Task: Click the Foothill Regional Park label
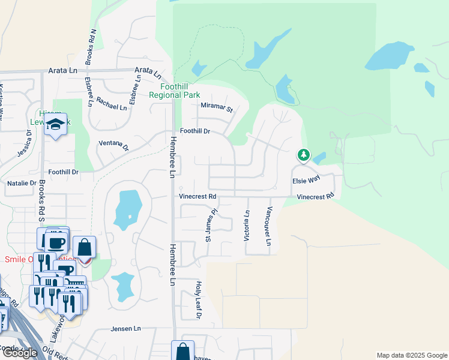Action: click(x=174, y=91)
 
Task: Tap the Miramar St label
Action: click(x=216, y=108)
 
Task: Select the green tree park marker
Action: click(x=304, y=155)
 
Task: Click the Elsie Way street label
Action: click(x=306, y=179)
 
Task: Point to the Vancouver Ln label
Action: click(x=269, y=226)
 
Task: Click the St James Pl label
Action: click(x=210, y=226)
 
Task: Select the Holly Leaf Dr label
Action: click(x=198, y=299)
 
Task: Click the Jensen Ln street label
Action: click(x=125, y=329)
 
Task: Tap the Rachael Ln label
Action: click(x=112, y=107)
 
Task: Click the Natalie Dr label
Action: click(x=22, y=182)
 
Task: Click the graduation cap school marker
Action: click(x=56, y=125)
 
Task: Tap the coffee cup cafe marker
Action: click(x=56, y=243)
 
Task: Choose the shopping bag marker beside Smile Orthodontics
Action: click(x=85, y=247)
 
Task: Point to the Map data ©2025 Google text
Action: click(x=412, y=355)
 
